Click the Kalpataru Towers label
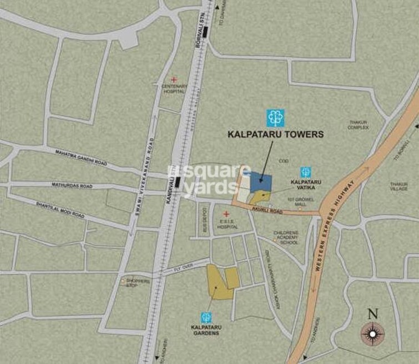(276, 134)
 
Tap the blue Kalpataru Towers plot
(261, 181)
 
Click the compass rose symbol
(372, 333)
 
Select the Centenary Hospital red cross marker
(174, 80)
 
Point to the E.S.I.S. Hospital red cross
(226, 214)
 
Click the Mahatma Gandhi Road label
(81, 157)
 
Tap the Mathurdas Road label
(73, 186)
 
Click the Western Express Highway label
(333, 234)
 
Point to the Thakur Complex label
(358, 125)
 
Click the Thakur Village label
(399, 186)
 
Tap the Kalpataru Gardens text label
(205, 330)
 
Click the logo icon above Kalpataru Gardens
(206, 318)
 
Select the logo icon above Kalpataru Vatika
(305, 172)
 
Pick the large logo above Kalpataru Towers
(275, 117)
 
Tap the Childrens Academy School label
(286, 237)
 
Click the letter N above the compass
(373, 314)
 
